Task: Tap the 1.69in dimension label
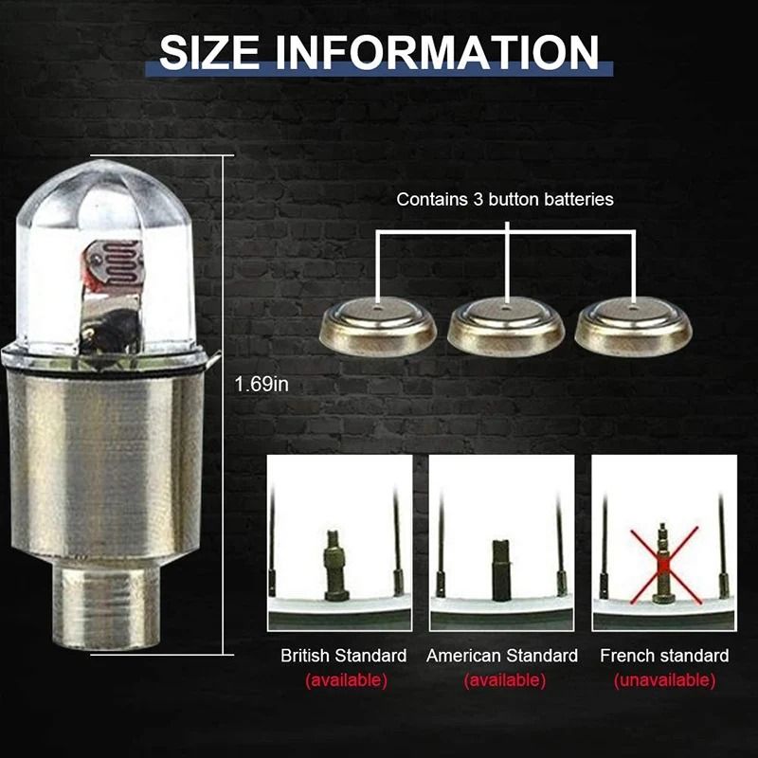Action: pos(261,385)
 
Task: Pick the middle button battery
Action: pos(507,325)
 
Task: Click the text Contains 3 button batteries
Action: pos(505,200)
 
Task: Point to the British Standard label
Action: pos(344,656)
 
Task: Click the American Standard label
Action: pos(502,656)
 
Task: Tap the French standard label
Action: pos(664,656)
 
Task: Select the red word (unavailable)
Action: pos(664,680)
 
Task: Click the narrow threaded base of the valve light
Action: pos(109,606)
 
